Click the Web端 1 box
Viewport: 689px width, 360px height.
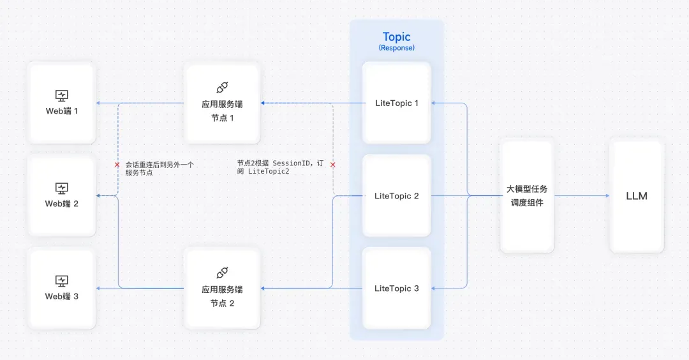coord(61,103)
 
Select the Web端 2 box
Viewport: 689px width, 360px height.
coord(61,195)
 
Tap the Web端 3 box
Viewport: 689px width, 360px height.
coord(61,289)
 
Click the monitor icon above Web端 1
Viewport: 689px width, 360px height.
coord(61,95)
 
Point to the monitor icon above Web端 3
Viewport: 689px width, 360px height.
coord(61,281)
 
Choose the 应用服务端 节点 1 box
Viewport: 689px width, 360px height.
coord(223,103)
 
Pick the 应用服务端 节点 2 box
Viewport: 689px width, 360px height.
coord(223,289)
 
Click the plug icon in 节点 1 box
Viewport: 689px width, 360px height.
coord(223,87)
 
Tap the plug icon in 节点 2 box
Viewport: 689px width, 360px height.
coord(223,273)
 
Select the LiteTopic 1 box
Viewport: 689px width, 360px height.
coord(396,103)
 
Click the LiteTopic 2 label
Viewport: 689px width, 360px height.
coord(396,196)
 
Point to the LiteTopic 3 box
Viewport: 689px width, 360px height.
coord(396,289)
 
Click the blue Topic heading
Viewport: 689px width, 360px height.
coord(396,37)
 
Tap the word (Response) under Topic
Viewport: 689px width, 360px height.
coord(396,48)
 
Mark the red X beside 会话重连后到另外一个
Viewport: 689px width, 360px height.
coord(117,165)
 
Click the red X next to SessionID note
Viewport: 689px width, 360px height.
coord(332,165)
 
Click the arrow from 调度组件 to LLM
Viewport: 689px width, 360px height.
coord(582,195)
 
